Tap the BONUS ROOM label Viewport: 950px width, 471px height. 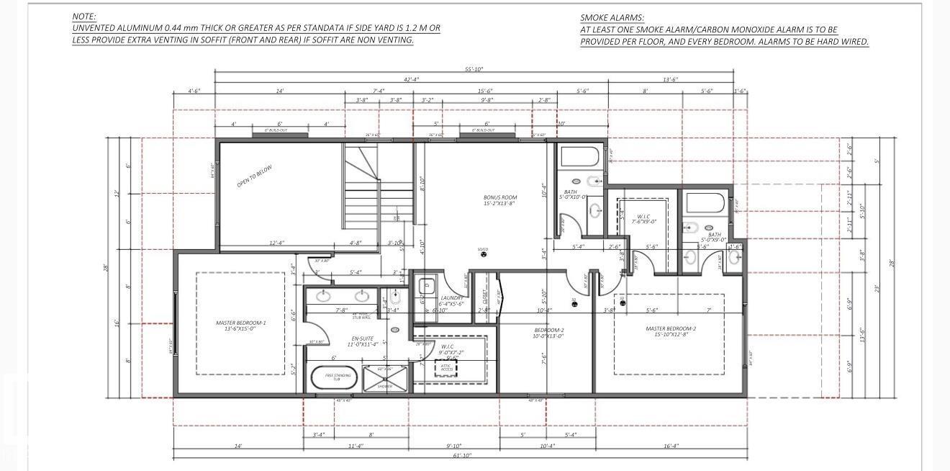tap(499, 200)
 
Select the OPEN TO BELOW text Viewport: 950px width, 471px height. tap(255, 176)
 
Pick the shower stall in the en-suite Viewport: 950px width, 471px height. tap(385, 377)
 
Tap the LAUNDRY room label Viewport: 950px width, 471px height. tap(453, 300)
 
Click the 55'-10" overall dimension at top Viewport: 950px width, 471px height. tap(474, 69)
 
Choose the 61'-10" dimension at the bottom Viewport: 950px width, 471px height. tap(463, 456)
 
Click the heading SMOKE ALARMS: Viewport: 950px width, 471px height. tap(612, 17)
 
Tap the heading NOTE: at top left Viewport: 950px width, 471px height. tap(84, 16)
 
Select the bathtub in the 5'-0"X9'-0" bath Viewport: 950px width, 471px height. tap(706, 203)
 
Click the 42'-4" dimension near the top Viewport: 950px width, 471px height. tap(411, 79)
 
